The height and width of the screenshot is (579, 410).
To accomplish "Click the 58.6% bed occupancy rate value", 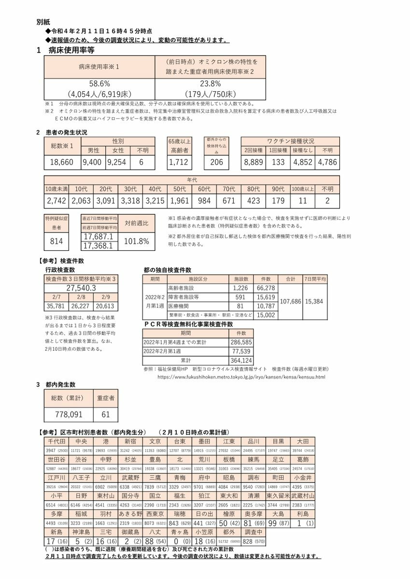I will (100, 83).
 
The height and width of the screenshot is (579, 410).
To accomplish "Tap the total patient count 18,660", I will (62, 162).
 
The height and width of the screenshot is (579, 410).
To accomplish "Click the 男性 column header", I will (93, 151).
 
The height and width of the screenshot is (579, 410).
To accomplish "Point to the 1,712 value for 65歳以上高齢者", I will (180, 162).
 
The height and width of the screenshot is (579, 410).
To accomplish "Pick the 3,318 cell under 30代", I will (129, 200).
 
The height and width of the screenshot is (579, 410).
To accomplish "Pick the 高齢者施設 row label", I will (181, 288).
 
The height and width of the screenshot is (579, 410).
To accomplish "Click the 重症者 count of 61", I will (105, 414).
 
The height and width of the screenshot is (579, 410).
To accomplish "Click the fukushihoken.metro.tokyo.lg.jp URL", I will (241, 377).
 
